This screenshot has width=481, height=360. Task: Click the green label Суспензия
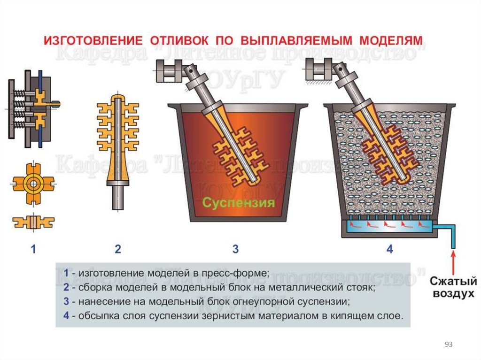coord(238,203)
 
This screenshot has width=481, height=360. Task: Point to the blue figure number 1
coord(33,249)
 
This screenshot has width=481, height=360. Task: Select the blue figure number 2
coord(118,249)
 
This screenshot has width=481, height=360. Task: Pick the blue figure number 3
coord(235,249)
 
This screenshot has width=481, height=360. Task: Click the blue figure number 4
coord(389,249)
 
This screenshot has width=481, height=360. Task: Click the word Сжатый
coord(453,282)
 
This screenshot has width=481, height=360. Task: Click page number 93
coord(448,345)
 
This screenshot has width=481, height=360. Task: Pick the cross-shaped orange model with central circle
coord(32,184)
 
